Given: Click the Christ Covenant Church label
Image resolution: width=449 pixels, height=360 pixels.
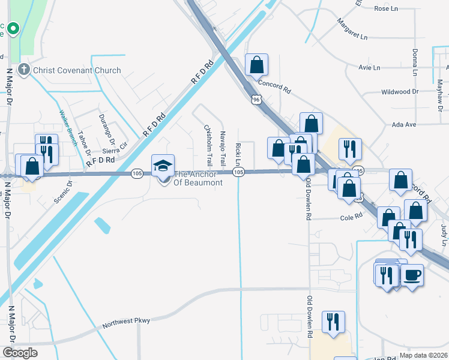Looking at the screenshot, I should tap(77, 70).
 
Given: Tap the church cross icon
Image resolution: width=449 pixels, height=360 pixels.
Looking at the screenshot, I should tap(24, 70).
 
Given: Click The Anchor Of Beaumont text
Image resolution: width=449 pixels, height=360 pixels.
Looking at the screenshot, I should tap(198, 178).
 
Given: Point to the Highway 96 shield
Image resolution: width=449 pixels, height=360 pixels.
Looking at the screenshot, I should tap(256, 99).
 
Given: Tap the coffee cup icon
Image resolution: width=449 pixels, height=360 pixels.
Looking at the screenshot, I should tap(411, 275).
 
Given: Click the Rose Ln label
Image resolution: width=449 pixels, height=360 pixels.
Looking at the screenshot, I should tap(386, 8).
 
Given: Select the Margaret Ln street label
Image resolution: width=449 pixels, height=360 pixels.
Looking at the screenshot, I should tap(352, 36).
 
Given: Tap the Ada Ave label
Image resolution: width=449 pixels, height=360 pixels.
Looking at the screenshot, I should tap(403, 124).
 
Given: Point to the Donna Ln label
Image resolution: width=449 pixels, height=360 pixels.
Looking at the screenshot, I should tap(414, 62).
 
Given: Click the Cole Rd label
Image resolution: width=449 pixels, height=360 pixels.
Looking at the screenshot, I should tap(352, 217).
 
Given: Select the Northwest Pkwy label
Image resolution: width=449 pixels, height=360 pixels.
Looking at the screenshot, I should tap(126, 322).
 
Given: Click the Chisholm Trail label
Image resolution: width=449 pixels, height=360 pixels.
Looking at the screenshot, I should tap(209, 145).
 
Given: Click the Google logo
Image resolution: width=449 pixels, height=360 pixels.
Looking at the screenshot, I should tap(20, 353).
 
